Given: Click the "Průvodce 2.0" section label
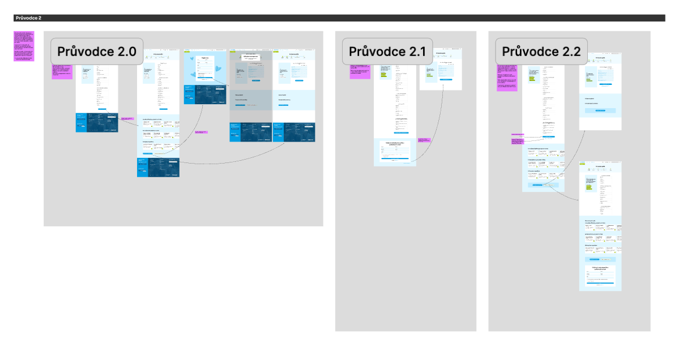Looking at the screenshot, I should click(97, 51).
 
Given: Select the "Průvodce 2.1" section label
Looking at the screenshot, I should click(387, 51).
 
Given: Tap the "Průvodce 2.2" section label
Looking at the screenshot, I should click(541, 51).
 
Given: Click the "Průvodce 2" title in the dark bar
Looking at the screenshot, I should click(28, 18).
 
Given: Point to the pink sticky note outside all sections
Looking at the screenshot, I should click(24, 46).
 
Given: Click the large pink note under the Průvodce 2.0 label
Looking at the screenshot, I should click(62, 71).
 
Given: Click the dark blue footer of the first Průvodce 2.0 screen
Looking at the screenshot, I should click(97, 123).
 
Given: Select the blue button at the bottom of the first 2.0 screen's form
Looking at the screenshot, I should click(105, 109).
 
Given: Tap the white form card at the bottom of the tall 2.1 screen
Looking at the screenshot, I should click(395, 152).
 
